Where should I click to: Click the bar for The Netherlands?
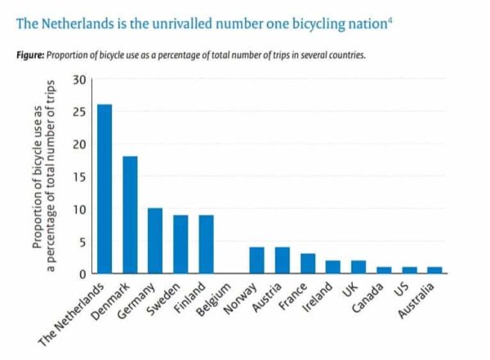(104, 189)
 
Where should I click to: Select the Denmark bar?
(130, 215)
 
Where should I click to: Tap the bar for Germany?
(155, 241)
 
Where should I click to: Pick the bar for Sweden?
(180, 244)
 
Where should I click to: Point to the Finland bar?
(206, 244)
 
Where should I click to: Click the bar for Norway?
(256, 260)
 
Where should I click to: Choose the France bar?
(307, 264)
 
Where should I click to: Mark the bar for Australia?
(434, 270)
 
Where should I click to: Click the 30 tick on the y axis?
(79, 80)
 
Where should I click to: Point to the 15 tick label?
(79, 177)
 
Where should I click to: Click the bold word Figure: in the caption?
(29, 56)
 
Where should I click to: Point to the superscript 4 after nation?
(390, 17)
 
